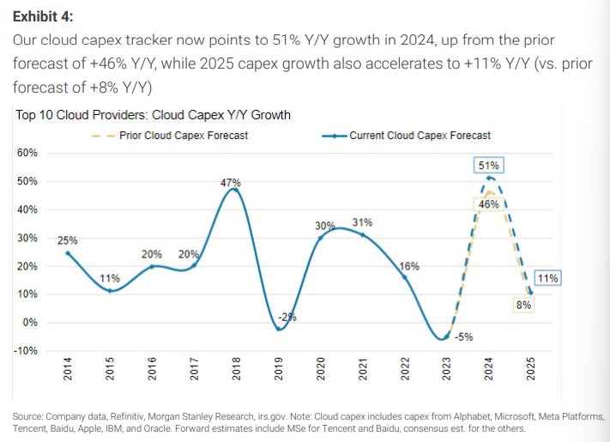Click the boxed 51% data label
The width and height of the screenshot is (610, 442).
(489, 165)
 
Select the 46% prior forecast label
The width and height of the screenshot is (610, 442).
(488, 204)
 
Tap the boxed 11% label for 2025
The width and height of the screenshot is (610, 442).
(547, 277)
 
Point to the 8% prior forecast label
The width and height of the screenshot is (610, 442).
(521, 304)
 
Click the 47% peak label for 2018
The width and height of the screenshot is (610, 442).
(231, 182)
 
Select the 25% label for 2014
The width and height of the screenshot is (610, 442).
(68, 240)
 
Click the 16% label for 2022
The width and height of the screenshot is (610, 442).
(409, 266)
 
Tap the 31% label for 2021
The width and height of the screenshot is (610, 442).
(362, 222)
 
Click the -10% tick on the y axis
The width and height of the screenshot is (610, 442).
(25, 350)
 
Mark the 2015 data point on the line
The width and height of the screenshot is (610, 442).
(111, 291)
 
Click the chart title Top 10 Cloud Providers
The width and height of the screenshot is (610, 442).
(153, 115)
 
